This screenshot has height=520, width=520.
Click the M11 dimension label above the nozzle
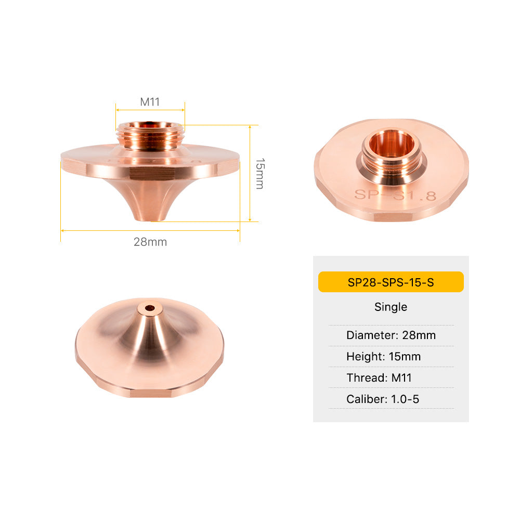pos(150,101)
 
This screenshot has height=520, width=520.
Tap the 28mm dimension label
pos(150,242)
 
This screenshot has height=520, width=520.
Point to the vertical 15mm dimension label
pos(261,174)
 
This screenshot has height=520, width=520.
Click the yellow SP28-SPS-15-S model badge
pos(391,282)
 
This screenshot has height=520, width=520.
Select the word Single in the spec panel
pos(391,307)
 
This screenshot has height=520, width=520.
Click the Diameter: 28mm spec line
pos(391,335)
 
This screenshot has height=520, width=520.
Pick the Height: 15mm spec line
pos(383,357)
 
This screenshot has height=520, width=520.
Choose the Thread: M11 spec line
pos(379,378)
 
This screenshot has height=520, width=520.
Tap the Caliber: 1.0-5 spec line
pos(383,399)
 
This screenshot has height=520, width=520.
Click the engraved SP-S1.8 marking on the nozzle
pos(395,196)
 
